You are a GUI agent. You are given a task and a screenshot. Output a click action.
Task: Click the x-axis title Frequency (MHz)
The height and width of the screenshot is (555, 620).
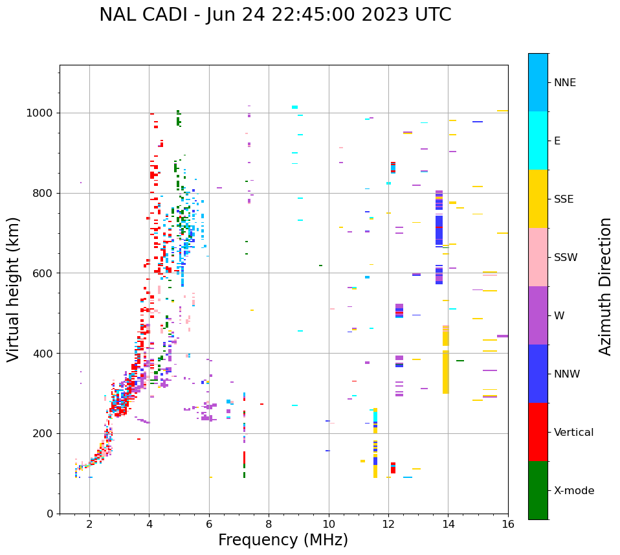click(283, 540)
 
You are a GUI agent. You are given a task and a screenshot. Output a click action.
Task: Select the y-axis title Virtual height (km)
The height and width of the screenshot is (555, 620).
click(14, 289)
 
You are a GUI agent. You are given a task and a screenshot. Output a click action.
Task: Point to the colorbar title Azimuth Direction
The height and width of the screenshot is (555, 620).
click(605, 286)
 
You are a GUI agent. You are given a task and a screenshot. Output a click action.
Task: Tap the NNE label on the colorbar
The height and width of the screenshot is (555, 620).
click(564, 83)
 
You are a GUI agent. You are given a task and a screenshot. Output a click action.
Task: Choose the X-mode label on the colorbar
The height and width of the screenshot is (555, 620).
click(573, 491)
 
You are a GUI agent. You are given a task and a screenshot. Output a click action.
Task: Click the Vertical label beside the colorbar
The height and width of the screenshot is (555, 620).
click(573, 433)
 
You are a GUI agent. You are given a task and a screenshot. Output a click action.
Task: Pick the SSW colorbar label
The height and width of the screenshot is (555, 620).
click(566, 258)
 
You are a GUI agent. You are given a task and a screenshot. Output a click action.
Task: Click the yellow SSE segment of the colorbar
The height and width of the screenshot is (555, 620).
click(538, 198)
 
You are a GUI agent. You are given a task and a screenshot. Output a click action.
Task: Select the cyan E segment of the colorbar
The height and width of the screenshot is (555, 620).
click(538, 141)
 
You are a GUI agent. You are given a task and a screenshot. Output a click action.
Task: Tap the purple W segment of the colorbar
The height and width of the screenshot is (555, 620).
click(538, 315)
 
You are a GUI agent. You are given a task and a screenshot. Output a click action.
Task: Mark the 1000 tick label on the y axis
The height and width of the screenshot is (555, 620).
click(41, 113)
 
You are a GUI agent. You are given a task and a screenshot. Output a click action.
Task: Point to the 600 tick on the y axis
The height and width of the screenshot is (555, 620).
click(45, 273)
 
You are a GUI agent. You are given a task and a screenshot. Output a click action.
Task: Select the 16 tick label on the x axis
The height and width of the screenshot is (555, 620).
click(508, 524)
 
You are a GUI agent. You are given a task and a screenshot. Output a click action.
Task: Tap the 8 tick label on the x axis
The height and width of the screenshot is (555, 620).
click(269, 524)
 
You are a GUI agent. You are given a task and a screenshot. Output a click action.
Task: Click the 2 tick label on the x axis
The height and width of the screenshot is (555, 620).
click(89, 524)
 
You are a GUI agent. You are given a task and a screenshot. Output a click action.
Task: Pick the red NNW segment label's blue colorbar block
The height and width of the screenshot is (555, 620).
click(538, 374)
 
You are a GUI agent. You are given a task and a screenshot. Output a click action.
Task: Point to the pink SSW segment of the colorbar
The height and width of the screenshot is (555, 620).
click(538, 257)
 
